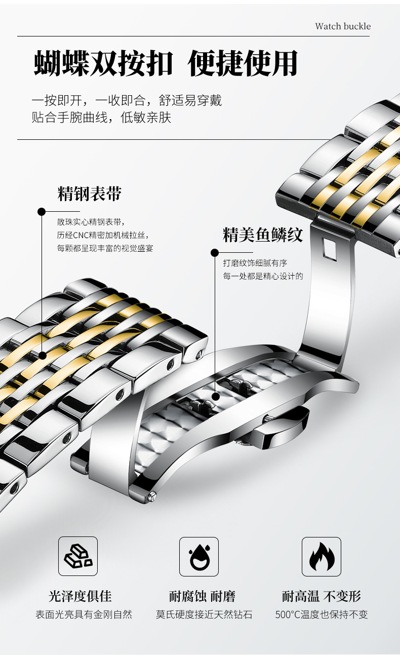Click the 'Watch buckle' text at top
tap(343, 26)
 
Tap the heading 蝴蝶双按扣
tap(104, 64)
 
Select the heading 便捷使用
tap(243, 64)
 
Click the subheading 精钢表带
tap(90, 194)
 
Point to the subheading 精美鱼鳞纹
tap(263, 235)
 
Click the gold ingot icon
tap(78, 556)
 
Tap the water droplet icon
tap(199, 556)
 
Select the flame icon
tap(322, 556)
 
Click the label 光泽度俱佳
tap(80, 596)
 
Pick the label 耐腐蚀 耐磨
tap(202, 596)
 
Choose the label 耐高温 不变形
tap(322, 596)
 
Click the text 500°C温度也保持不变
tap(322, 614)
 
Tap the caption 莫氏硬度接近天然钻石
tap(204, 614)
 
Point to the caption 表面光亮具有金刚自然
tap(84, 614)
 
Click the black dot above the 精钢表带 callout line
tap(42, 211)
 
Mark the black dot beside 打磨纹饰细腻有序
tap(215, 252)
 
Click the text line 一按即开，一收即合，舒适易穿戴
tap(127, 100)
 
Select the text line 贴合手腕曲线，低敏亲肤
tap(101, 118)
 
